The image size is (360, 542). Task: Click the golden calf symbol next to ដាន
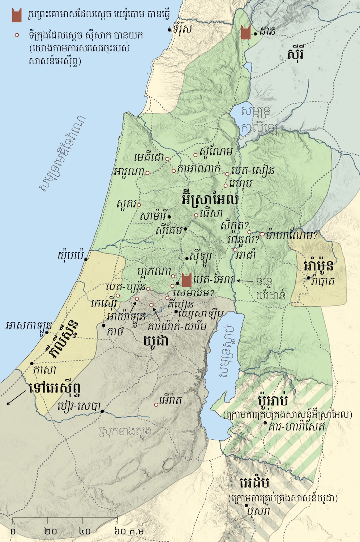pyautogui.click(x=246, y=33)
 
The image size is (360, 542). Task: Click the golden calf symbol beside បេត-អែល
pyautogui.click(x=186, y=280)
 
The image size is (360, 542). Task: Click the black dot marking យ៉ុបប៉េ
pyautogui.click(x=86, y=259)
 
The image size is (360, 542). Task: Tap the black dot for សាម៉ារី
pyautogui.click(x=169, y=217)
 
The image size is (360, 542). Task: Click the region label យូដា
pyautogui.click(x=156, y=340)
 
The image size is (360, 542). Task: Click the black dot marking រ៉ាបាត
pyautogui.click(x=308, y=278)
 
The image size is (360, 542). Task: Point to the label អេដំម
pyautogui.click(x=254, y=483)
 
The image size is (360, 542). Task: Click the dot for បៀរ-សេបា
pyautogui.click(x=102, y=411)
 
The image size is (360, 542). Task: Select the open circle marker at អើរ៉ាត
pyautogui.click(x=156, y=405)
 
